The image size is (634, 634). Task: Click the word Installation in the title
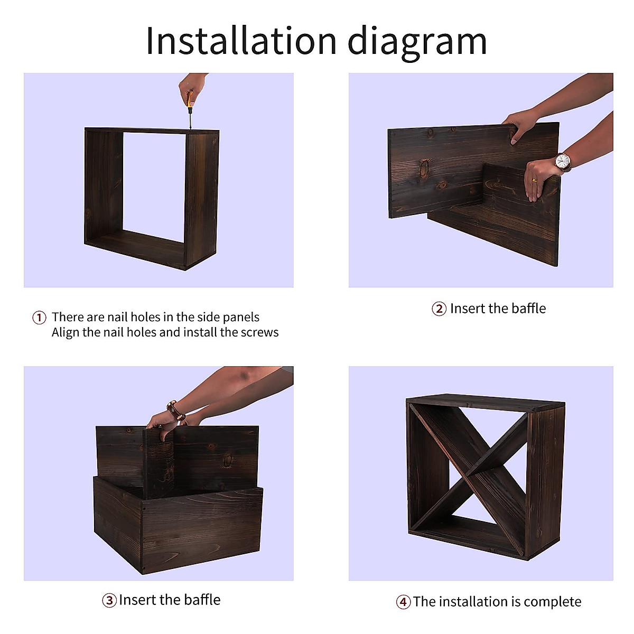241,41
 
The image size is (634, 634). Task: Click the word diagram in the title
417,43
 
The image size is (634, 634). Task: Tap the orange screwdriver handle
190,99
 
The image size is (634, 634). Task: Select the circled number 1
39,318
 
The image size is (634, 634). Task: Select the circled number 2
439,309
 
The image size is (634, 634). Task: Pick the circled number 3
109,600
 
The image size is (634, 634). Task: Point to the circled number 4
403,602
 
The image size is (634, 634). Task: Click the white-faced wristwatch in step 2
562,162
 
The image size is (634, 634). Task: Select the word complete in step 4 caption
553,602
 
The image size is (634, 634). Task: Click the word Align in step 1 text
66,332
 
